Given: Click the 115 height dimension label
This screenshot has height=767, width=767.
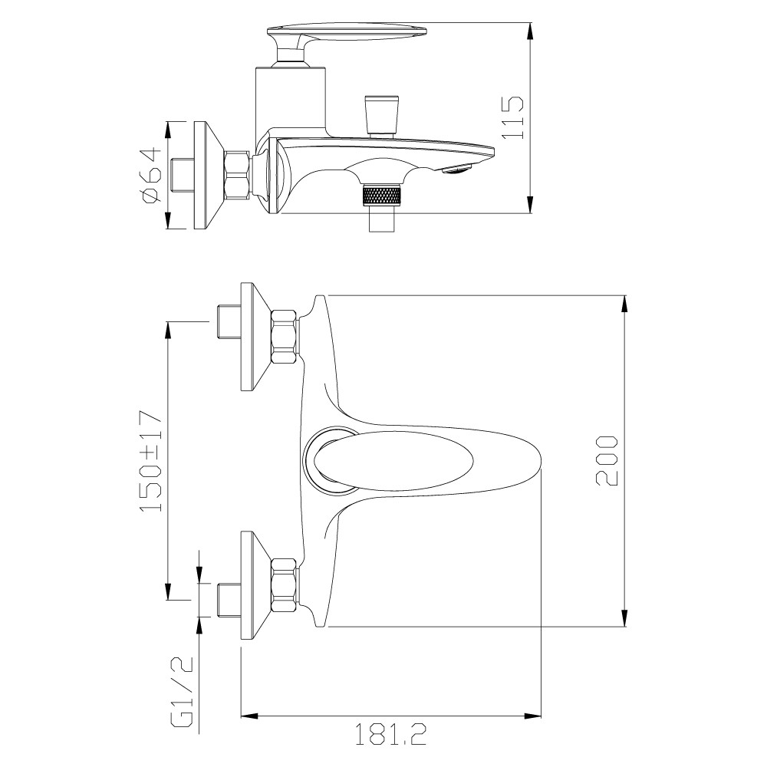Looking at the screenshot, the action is pos(513,117).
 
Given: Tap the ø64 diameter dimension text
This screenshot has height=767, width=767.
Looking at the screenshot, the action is pos(150,175).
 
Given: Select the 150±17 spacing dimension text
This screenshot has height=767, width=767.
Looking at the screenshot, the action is pos(150,461).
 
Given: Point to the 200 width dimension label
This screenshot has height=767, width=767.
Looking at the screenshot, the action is pos(607,461).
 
